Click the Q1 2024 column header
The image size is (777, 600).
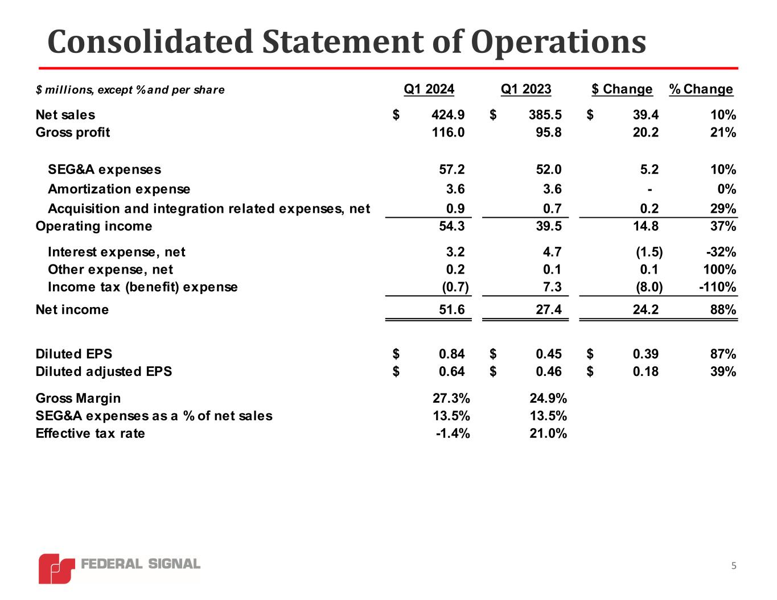[x=429, y=89]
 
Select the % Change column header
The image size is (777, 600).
[x=701, y=89]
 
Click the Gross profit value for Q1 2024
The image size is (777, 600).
[x=448, y=133]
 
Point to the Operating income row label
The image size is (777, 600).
[x=94, y=226]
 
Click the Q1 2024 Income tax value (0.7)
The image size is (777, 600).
[x=455, y=287]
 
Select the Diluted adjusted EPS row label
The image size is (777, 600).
[x=104, y=372]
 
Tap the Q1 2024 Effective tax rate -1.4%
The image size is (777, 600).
[x=453, y=434]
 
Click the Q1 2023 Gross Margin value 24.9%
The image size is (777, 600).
[x=548, y=398]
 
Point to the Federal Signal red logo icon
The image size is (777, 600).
[x=56, y=568]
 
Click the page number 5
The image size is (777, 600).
[x=734, y=566]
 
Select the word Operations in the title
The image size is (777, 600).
[x=558, y=42]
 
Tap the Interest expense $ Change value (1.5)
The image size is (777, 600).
[x=649, y=252]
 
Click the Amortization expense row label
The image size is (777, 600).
[x=119, y=189]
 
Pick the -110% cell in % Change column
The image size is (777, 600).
[x=717, y=287]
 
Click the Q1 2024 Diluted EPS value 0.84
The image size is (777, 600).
[x=451, y=354]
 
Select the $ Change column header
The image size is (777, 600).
[x=622, y=89]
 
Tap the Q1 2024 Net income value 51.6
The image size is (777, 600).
[x=451, y=310]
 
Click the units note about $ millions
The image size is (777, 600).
[x=130, y=90]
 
